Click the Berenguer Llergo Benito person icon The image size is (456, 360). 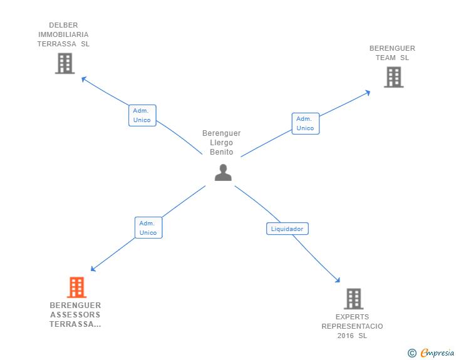(x=223, y=172)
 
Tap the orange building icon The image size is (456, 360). (x=76, y=287)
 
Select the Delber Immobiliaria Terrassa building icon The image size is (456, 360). (x=65, y=63)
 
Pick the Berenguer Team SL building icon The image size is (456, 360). (x=393, y=76)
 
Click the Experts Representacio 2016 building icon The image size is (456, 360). (x=353, y=299)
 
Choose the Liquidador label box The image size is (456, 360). (x=288, y=229)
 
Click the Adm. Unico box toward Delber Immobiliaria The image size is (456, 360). (x=142, y=115)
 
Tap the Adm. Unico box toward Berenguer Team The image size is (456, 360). (x=305, y=123)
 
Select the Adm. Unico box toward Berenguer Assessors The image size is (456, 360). (x=148, y=228)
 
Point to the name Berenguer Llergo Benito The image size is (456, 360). (x=222, y=143)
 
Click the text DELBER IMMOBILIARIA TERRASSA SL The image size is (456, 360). (x=63, y=35)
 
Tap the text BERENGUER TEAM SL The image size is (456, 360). (x=392, y=53)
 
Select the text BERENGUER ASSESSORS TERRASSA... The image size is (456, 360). (x=75, y=315)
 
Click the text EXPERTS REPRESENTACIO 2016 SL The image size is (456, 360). (x=352, y=326)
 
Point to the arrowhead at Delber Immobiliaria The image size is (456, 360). (x=83, y=78)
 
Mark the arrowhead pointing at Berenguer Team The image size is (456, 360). (x=368, y=92)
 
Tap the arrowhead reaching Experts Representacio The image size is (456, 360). (x=338, y=280)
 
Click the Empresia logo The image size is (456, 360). (x=437, y=352)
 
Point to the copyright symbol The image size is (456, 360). (x=412, y=353)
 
